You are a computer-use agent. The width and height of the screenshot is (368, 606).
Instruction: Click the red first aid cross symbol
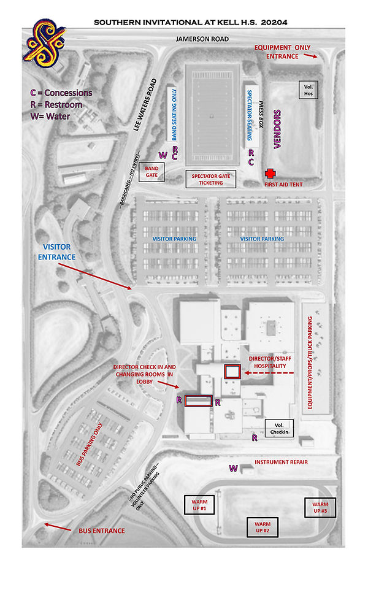point(269,175)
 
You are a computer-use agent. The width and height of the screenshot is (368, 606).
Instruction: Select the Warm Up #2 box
point(262,526)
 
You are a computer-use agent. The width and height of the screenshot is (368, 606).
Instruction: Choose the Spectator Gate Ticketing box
point(210,179)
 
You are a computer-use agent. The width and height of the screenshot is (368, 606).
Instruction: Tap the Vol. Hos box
point(309,90)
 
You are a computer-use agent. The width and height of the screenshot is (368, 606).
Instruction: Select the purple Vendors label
point(277,129)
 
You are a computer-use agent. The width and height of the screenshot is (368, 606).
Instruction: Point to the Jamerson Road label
point(202,39)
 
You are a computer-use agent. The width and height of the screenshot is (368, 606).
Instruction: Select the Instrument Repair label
point(280,462)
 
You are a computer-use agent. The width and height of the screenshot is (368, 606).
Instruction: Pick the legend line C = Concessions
point(61,93)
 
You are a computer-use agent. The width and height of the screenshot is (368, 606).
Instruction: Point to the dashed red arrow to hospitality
point(270,373)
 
